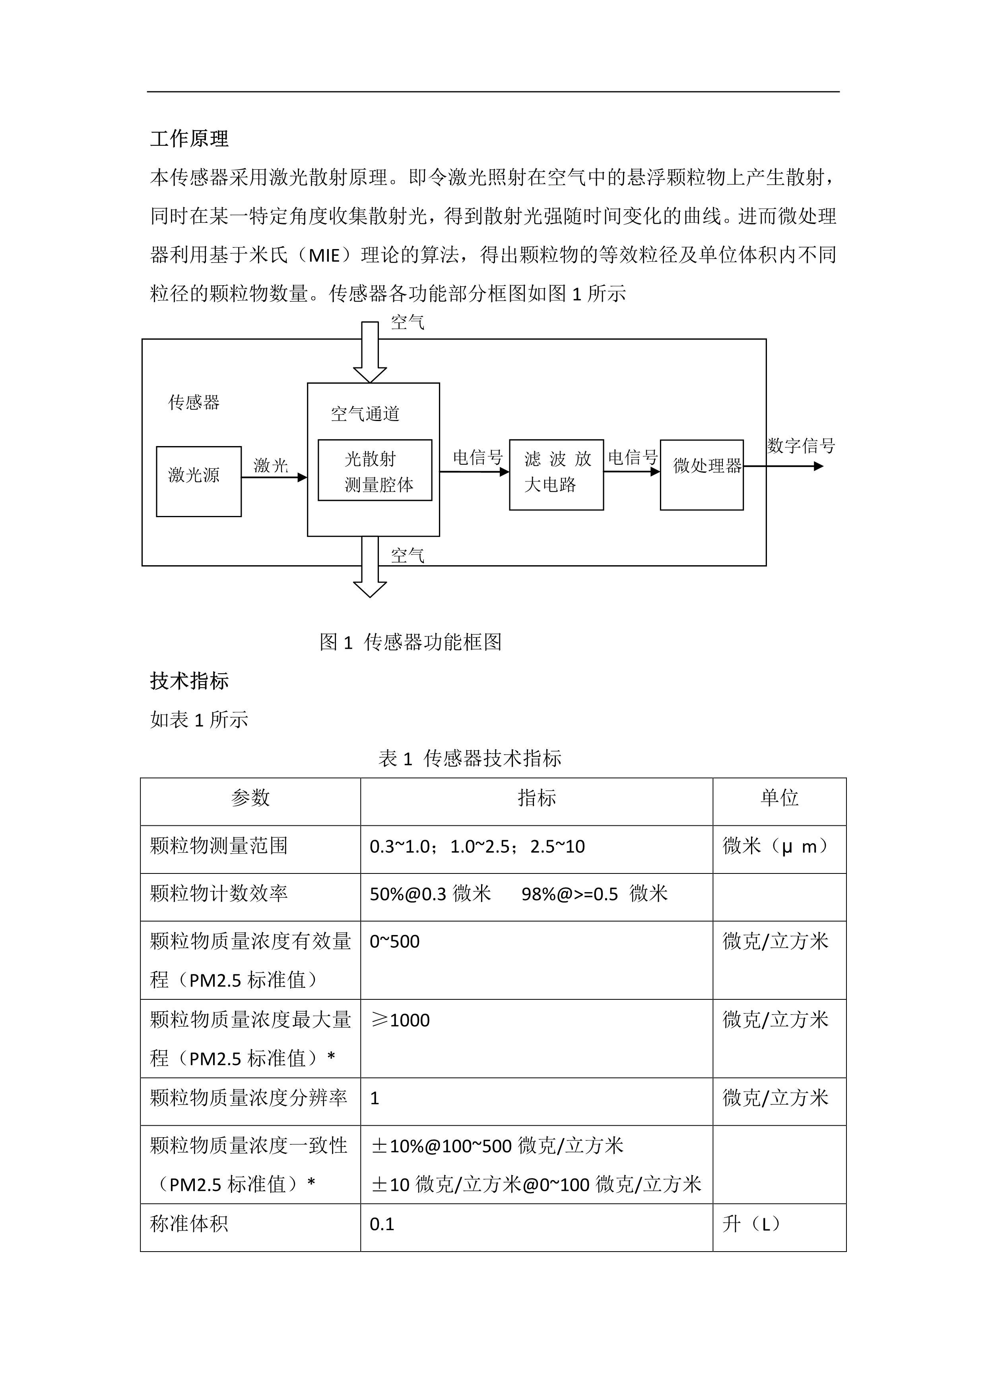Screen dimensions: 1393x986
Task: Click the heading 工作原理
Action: tap(189, 139)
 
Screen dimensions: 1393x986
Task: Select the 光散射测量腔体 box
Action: tap(375, 470)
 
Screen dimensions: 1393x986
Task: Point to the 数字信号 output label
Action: tap(800, 446)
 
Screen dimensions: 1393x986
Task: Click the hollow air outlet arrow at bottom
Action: tap(370, 567)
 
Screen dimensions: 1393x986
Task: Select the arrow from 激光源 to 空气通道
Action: tap(274, 477)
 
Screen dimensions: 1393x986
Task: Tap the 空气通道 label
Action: tap(365, 414)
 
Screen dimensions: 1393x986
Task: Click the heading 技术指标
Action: tap(189, 681)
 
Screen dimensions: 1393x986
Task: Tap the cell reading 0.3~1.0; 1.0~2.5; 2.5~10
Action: tap(477, 846)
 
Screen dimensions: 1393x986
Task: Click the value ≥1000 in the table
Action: tap(401, 1020)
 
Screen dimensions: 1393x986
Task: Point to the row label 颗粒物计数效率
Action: tap(219, 894)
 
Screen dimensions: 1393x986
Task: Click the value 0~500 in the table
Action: tap(395, 942)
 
